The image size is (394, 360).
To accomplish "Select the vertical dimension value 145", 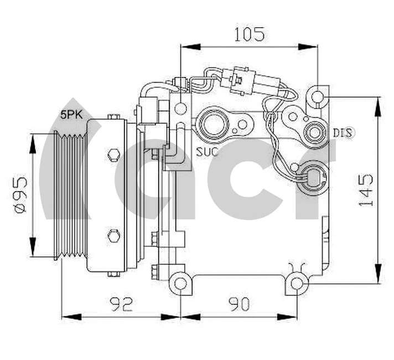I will coord(365,189).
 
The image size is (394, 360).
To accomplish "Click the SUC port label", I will coord(207,151).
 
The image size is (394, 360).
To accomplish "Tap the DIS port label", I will coord(344,133).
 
